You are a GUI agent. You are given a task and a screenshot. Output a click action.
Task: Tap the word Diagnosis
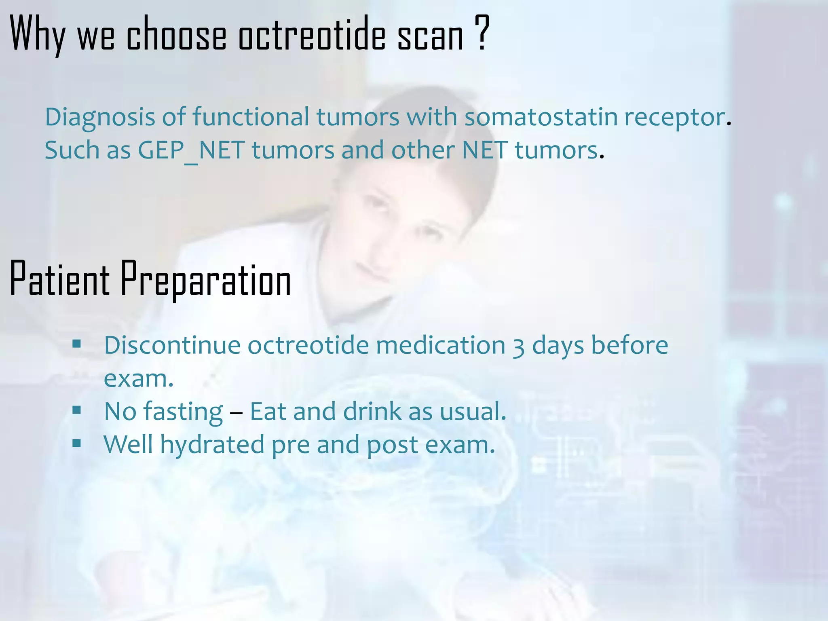(x=100, y=118)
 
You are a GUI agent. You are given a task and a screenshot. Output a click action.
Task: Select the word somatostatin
(x=541, y=117)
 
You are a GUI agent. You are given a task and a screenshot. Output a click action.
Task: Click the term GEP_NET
(x=191, y=151)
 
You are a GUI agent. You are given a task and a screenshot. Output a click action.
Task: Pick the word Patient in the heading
(x=59, y=279)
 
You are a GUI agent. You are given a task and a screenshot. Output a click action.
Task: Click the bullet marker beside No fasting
(x=77, y=411)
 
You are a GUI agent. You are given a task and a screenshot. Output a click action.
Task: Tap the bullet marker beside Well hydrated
(x=77, y=444)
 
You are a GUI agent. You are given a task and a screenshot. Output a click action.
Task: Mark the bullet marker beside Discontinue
(x=77, y=344)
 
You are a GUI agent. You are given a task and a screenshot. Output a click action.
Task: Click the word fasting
(x=183, y=412)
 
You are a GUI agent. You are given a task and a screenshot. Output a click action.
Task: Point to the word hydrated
(x=212, y=445)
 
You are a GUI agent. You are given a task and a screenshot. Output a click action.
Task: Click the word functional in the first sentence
(x=251, y=117)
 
